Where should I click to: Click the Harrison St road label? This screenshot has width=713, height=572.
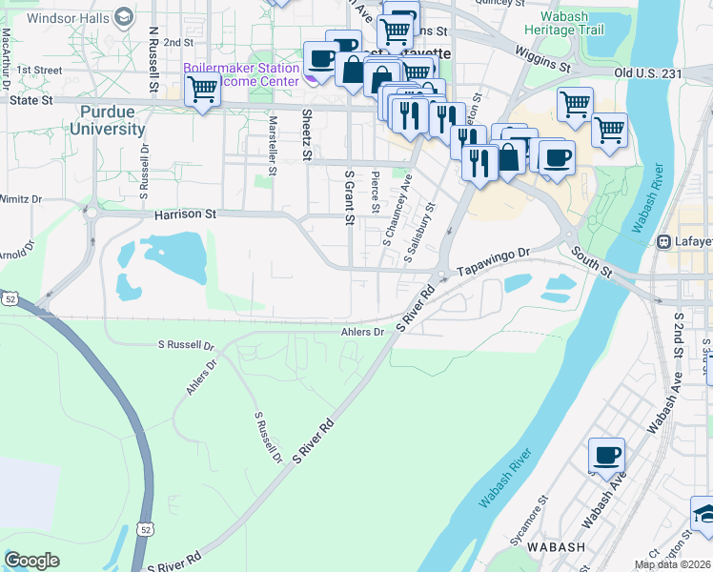coord(186,215)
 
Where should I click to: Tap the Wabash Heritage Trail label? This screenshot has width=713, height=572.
coord(572,24)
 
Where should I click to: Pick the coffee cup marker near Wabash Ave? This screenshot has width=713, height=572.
coord(606,456)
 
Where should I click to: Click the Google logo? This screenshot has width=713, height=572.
coord(31,561)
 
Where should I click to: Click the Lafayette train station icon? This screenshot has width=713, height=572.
coord(663,242)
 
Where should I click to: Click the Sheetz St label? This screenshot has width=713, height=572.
coord(307,134)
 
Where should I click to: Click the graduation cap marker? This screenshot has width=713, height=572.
coord(703,514)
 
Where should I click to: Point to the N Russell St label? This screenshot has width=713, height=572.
coord(153,58)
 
